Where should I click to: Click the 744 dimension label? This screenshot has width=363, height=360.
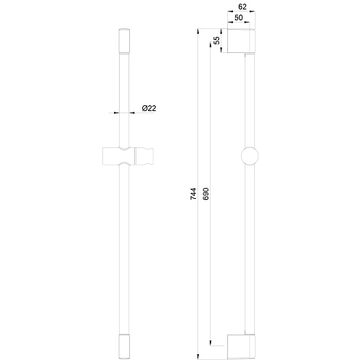click(x=193, y=194)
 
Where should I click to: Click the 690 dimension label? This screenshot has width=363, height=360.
click(x=205, y=194)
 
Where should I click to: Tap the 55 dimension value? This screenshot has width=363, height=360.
click(x=217, y=40)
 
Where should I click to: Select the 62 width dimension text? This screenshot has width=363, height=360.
click(x=242, y=7)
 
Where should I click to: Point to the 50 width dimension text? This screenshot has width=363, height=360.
click(x=239, y=17)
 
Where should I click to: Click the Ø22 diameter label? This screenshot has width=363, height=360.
click(x=149, y=108)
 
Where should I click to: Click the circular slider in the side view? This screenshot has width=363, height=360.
click(x=250, y=156)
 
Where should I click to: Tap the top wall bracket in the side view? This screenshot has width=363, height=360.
click(x=241, y=41)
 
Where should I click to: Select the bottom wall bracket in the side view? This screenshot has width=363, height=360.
click(x=241, y=347)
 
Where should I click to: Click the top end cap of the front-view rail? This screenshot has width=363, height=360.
click(x=124, y=41)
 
